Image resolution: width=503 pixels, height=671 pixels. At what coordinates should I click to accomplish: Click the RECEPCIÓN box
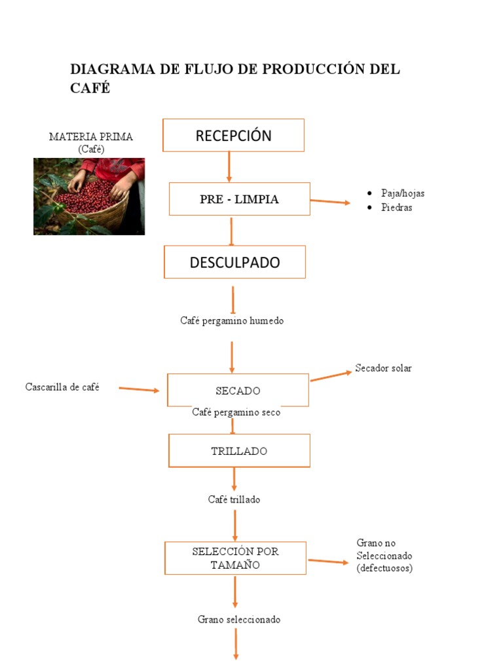(x=233, y=136)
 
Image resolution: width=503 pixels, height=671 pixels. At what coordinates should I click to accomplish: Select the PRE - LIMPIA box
(x=239, y=199)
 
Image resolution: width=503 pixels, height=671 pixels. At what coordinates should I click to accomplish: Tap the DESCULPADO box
(x=234, y=262)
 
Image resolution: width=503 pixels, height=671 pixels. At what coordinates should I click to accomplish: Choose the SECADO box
(x=238, y=391)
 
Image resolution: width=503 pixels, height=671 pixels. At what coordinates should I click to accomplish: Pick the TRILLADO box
(x=239, y=451)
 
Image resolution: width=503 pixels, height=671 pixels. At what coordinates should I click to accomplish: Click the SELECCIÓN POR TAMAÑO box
(x=235, y=558)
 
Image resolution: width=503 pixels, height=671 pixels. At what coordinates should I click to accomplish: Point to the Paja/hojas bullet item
(x=402, y=193)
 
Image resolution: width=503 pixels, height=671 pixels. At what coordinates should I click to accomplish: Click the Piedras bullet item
(x=396, y=208)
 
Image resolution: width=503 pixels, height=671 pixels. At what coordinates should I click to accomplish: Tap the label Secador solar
(x=383, y=368)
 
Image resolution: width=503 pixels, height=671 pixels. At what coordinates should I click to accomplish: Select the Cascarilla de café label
(x=62, y=387)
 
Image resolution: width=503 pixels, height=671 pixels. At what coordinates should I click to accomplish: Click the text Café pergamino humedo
(x=232, y=321)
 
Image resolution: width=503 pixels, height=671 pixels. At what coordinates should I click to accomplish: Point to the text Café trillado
(x=234, y=499)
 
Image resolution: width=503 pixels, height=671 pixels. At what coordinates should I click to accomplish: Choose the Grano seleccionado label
(x=238, y=619)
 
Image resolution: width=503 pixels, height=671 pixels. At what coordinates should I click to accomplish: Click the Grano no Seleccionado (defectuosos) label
(x=384, y=556)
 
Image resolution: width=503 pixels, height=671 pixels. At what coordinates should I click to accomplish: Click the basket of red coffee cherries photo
(x=89, y=196)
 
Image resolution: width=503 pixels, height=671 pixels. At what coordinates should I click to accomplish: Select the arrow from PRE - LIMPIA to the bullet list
(x=330, y=201)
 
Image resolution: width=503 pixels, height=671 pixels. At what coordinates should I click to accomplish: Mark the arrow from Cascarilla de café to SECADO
(x=139, y=389)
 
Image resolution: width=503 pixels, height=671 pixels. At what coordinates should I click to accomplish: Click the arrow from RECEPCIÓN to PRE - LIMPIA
(x=229, y=166)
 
